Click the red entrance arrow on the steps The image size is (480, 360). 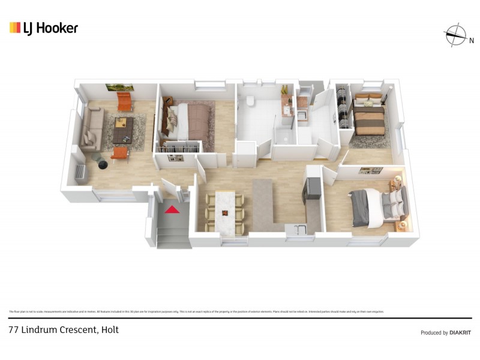click(172, 209)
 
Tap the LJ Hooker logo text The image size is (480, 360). click(50, 28)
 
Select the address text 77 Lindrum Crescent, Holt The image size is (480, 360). click(64, 329)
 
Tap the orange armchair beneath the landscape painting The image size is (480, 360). click(124, 101)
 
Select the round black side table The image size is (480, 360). click(97, 158)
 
